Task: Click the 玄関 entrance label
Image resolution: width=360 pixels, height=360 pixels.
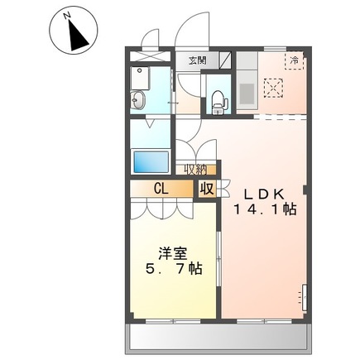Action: click(196, 60)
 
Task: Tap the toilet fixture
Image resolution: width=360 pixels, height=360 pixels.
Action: click(219, 98)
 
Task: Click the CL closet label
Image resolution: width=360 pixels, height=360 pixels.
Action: click(161, 188)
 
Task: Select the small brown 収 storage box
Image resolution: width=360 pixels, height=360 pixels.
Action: click(206, 188)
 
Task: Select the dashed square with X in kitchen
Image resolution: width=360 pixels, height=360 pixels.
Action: click(272, 87)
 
